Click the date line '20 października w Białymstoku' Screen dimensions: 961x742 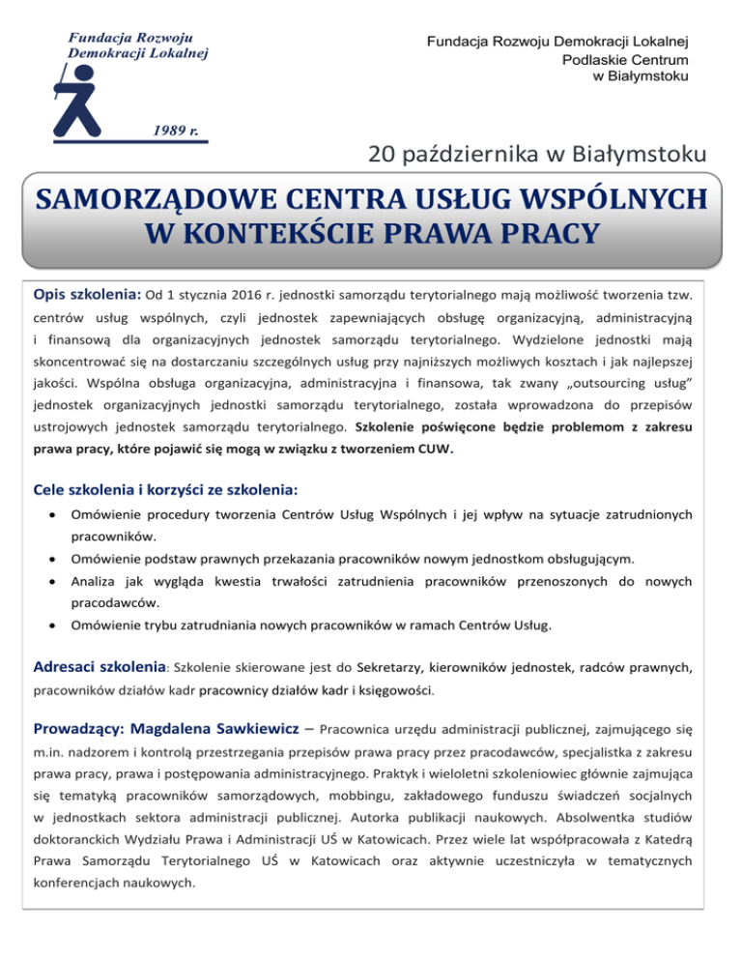coord(537,154)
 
